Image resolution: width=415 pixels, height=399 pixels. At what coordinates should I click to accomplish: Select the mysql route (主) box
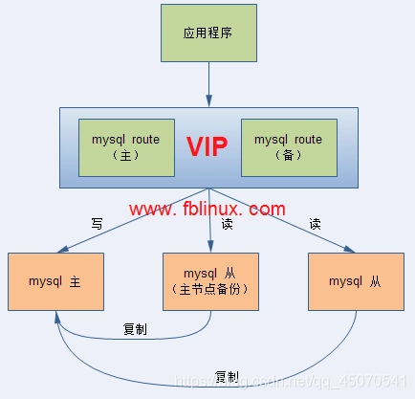click(x=126, y=146)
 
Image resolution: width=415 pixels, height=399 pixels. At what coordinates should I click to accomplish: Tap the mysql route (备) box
click(x=288, y=146)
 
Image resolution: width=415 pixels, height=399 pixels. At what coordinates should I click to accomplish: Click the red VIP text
click(x=207, y=146)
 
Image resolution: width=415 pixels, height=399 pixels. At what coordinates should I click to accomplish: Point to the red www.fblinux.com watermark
click(x=207, y=209)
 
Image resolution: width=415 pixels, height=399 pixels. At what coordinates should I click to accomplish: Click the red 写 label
click(x=97, y=222)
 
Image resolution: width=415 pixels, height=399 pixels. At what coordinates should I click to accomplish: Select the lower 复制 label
click(x=228, y=375)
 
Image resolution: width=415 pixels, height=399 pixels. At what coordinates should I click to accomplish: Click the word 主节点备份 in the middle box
click(x=208, y=289)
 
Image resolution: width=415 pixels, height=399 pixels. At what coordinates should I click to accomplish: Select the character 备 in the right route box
click(x=288, y=155)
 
